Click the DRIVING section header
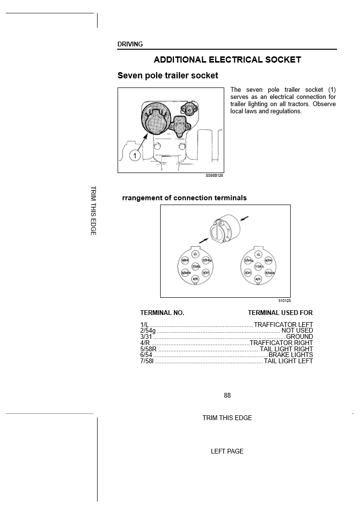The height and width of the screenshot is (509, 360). click(x=130, y=44)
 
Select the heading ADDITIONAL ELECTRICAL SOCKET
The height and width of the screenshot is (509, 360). click(x=227, y=60)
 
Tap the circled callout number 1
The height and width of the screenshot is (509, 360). click(x=135, y=156)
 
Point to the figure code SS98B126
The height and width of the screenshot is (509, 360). click(x=214, y=175)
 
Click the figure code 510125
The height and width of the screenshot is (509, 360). click(x=284, y=301)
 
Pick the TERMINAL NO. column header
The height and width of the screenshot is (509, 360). click(x=162, y=313)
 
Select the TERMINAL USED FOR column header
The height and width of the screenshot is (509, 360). click(x=280, y=313)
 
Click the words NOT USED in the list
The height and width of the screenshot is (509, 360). click(x=297, y=330)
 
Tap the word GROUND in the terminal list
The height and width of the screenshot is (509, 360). click(x=299, y=336)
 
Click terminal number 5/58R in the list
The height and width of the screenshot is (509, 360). click(x=148, y=349)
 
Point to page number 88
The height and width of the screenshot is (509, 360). click(x=227, y=395)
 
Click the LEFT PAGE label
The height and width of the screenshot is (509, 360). click(x=227, y=451)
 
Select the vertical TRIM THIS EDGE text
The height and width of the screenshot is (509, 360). click(x=93, y=210)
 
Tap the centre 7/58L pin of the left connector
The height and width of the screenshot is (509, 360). click(x=196, y=266)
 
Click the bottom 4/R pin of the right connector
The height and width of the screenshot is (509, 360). click(x=258, y=278)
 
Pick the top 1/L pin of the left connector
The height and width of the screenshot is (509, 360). click(x=195, y=254)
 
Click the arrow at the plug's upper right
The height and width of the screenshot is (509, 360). click(x=244, y=219)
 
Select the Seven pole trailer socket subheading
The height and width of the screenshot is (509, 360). click(x=168, y=76)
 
